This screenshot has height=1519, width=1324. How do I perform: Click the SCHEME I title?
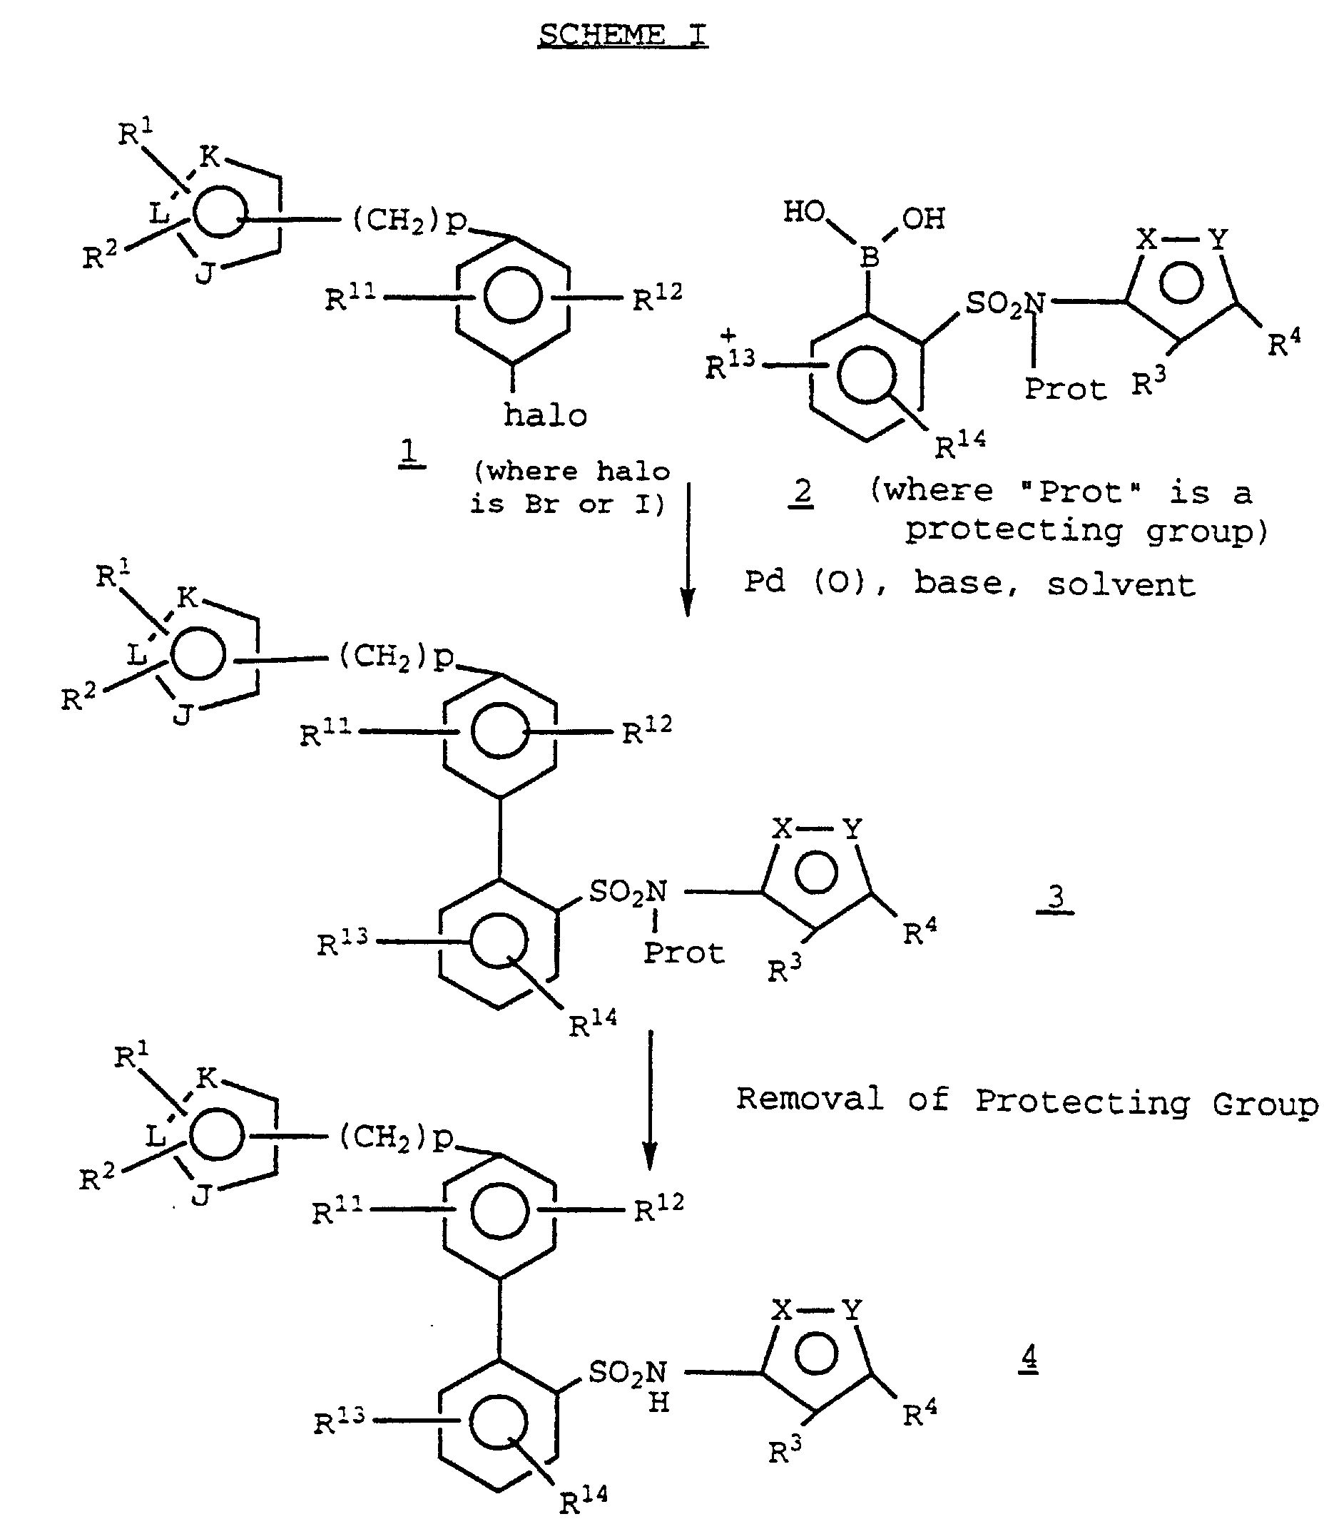[x=622, y=35]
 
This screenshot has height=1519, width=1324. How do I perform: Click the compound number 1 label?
[x=411, y=452]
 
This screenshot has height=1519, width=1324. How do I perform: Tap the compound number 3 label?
[x=1056, y=897]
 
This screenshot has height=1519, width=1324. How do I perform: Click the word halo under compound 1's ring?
[x=545, y=415]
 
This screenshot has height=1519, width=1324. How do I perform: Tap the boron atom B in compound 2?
[x=870, y=257]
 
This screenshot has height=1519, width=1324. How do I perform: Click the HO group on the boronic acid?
[x=804, y=212]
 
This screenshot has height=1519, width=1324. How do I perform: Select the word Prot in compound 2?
[x=1064, y=389]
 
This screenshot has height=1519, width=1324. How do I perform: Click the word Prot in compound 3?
[x=683, y=953]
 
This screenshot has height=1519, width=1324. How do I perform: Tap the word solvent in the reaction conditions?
[x=1120, y=584]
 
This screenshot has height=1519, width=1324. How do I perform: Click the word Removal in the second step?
[x=810, y=1099]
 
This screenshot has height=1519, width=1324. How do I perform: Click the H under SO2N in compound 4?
[x=658, y=1402]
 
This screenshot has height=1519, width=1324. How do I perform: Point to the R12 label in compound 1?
[x=657, y=298]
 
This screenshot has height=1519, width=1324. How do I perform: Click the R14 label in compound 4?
[x=584, y=1500]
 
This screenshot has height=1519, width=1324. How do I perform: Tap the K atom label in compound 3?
[x=188, y=597]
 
